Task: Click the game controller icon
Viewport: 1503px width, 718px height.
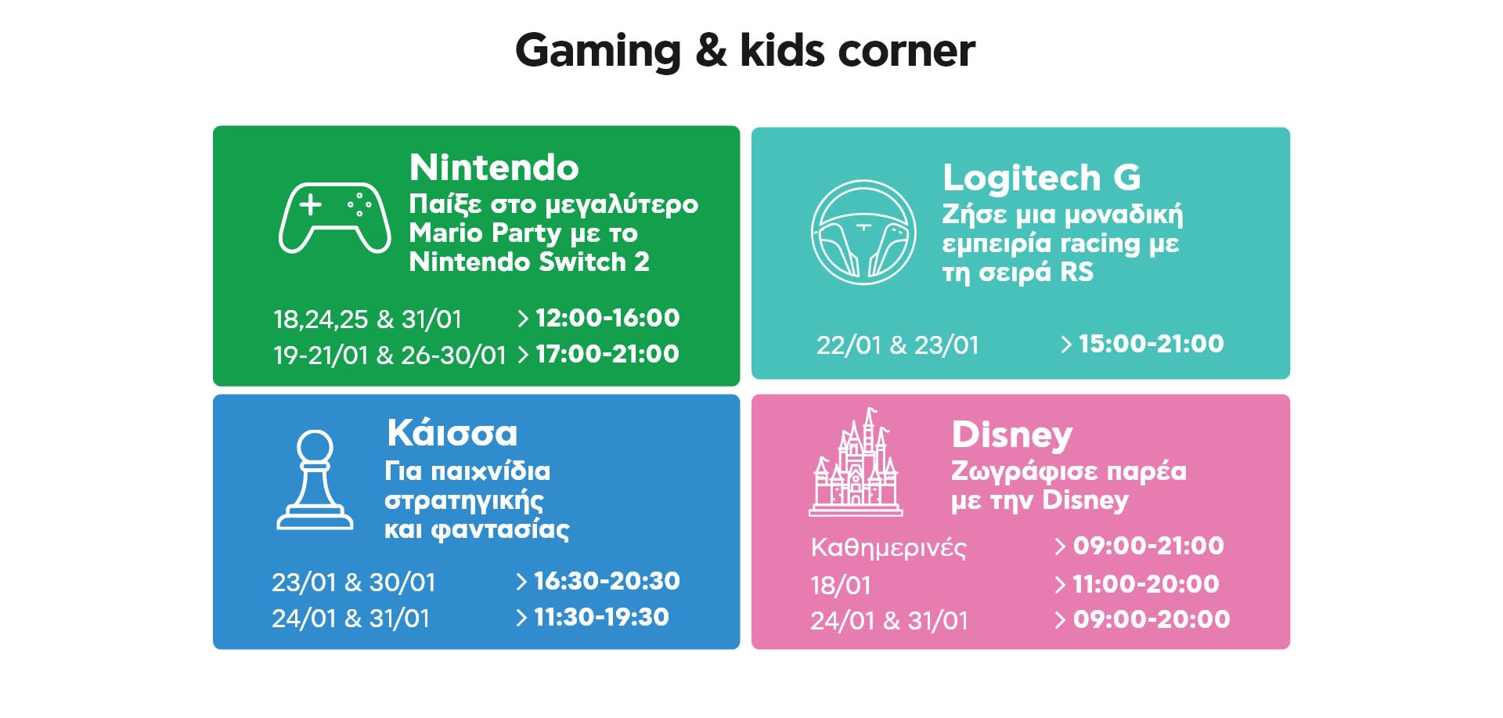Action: pyautogui.click(x=334, y=218)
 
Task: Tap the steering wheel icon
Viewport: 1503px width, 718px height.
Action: pyautogui.click(x=863, y=233)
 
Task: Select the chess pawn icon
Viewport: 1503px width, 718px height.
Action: pyautogui.click(x=315, y=479)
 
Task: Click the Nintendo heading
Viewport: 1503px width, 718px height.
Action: pyautogui.click(x=494, y=167)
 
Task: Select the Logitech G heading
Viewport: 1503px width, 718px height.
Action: pyautogui.click(x=1042, y=177)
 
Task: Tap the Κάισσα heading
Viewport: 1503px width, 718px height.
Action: pyautogui.click(x=452, y=432)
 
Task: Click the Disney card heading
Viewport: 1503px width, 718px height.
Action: pyautogui.click(x=1011, y=435)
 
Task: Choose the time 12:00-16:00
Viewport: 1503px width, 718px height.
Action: pyautogui.click(x=607, y=318)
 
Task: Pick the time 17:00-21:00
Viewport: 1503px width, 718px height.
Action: pyautogui.click(x=607, y=354)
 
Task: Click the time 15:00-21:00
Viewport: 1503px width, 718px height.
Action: pyautogui.click(x=1151, y=344)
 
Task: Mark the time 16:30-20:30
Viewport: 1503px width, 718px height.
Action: pyautogui.click(x=607, y=581)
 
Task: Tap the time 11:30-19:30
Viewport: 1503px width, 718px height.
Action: pyautogui.click(x=601, y=617)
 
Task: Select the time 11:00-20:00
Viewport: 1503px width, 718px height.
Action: pyautogui.click(x=1146, y=583)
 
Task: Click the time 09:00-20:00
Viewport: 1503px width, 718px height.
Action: pyautogui.click(x=1152, y=619)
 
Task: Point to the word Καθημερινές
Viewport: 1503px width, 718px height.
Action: pyautogui.click(x=888, y=547)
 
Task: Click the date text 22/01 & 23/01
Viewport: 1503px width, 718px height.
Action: pyautogui.click(x=898, y=345)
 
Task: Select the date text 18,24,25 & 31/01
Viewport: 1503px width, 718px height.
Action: pyautogui.click(x=367, y=319)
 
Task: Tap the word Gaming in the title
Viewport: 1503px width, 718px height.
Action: pyautogui.click(x=598, y=51)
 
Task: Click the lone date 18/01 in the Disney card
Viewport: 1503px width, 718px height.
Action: pyautogui.click(x=841, y=586)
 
